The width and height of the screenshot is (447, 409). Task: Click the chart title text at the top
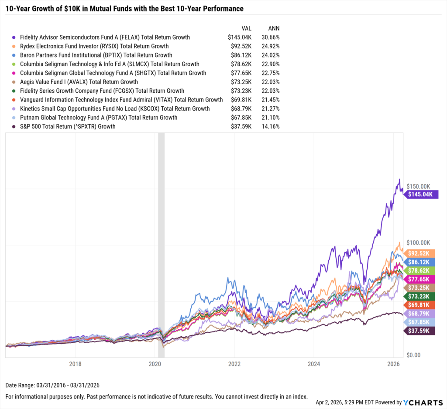pyautogui.click(x=124, y=8)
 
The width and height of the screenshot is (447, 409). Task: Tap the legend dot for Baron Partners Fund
pyautogui.click(x=14, y=55)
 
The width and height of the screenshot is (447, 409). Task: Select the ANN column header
pyautogui.click(x=274, y=27)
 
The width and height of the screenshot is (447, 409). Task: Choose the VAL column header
pyautogui.click(x=246, y=27)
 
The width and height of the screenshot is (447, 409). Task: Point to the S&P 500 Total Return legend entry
pyautogui.click(x=68, y=126)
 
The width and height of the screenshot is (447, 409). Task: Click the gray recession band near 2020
pyautogui.click(x=161, y=240)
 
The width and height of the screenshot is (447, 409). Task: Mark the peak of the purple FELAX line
pyautogui.click(x=399, y=179)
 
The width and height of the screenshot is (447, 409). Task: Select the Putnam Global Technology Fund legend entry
pyautogui.click(x=99, y=118)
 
